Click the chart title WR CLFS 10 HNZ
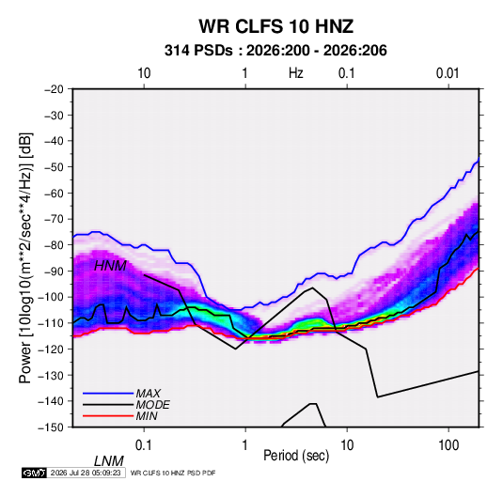tap(275, 26)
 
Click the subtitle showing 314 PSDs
tap(275, 51)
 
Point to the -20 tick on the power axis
tap(54, 89)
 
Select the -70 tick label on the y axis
tap(54, 219)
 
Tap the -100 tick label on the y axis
tap(51, 297)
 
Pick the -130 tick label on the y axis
tap(51, 375)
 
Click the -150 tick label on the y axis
tap(51, 427)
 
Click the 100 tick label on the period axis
tap(448, 445)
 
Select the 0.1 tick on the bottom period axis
tap(144, 445)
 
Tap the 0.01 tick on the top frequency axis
tap(448, 73)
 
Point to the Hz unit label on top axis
tap(296, 73)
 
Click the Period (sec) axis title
tap(296, 456)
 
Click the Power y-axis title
tap(25, 257)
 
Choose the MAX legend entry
tap(148, 393)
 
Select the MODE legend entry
tap(152, 405)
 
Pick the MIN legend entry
tap(147, 416)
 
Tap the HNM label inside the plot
tap(110, 266)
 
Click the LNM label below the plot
tap(108, 461)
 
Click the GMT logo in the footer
tap(35, 473)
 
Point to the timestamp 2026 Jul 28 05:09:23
tap(86, 473)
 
